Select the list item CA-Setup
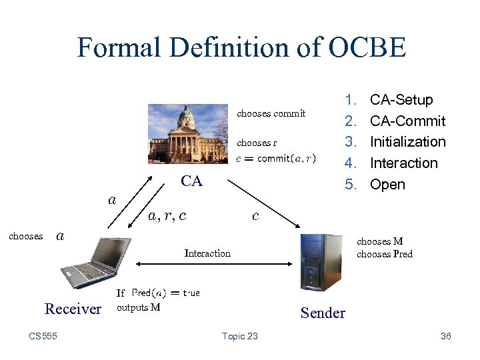(x=401, y=100)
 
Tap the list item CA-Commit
(x=407, y=121)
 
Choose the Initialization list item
(x=407, y=142)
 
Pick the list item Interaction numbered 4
(x=403, y=163)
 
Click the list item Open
(x=387, y=185)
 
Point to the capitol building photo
(x=189, y=133)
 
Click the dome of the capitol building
(x=186, y=117)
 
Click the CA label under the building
(x=191, y=181)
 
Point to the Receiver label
(x=73, y=309)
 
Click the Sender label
(x=323, y=313)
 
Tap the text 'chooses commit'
(x=271, y=113)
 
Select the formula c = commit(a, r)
(x=276, y=159)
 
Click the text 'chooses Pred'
(x=384, y=254)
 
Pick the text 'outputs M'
(x=138, y=307)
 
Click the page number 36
(x=446, y=336)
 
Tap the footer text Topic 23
(x=240, y=336)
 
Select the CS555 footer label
(x=43, y=336)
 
